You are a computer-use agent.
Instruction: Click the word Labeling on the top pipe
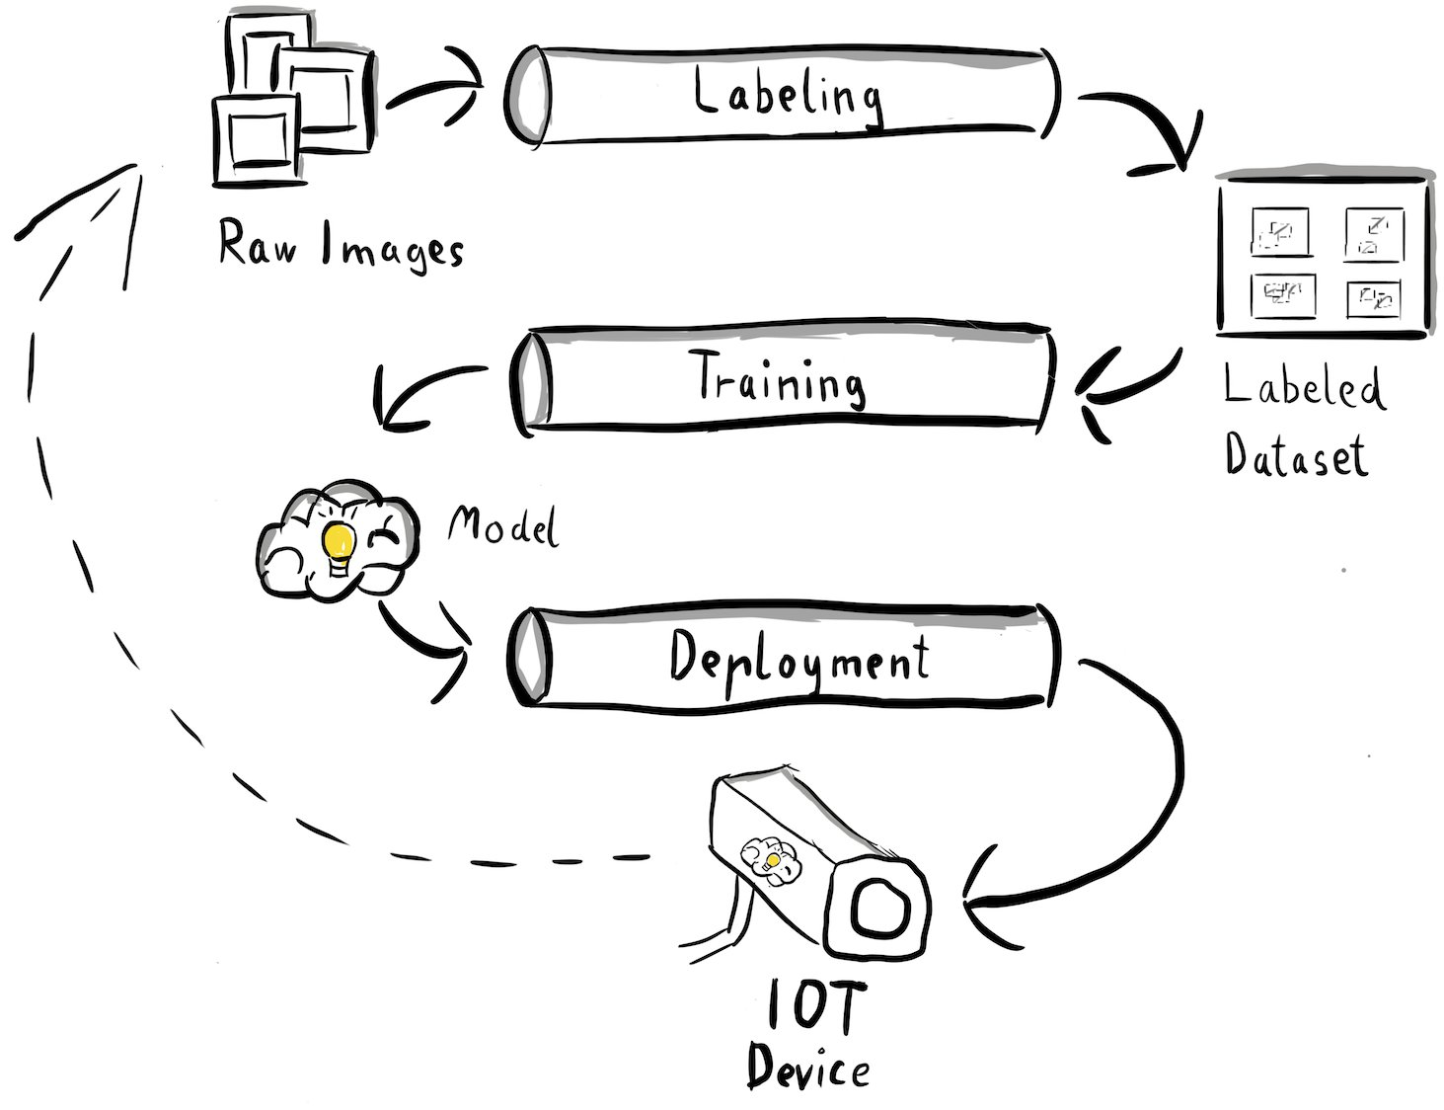click(x=786, y=96)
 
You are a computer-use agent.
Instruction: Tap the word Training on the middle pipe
click(x=780, y=380)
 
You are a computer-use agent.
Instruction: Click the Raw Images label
click(x=340, y=245)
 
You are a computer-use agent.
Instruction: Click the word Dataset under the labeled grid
click(x=1296, y=457)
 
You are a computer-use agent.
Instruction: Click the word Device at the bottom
click(x=807, y=1068)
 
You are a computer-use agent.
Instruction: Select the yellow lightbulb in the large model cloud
click(x=339, y=542)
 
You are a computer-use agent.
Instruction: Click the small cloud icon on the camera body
click(x=771, y=855)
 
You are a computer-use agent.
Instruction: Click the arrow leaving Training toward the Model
click(x=419, y=390)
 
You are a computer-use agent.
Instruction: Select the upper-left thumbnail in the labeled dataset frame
click(x=1280, y=233)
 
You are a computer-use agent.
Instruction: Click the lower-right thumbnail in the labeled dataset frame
click(x=1373, y=297)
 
